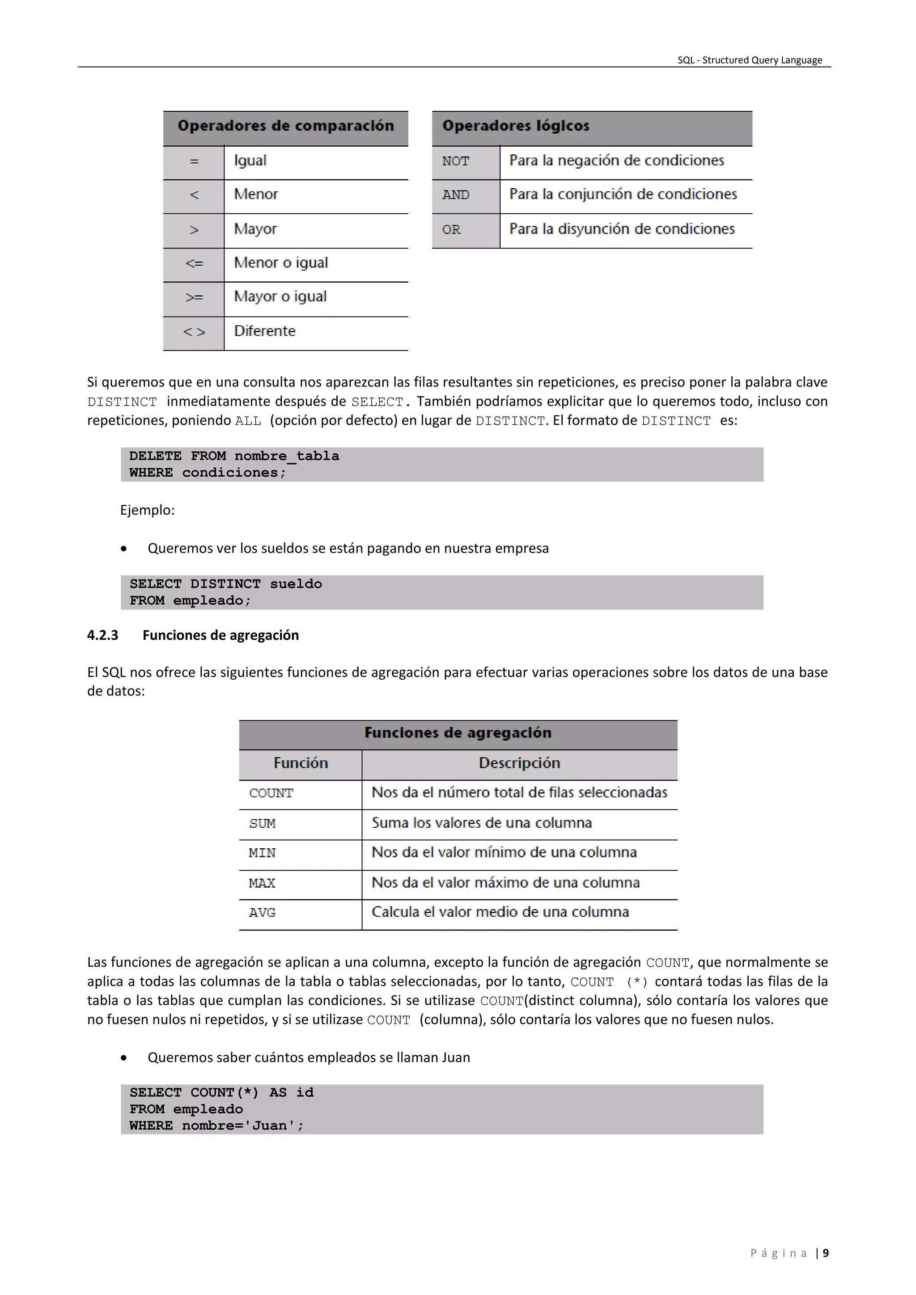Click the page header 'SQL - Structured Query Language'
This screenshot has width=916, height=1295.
(x=749, y=60)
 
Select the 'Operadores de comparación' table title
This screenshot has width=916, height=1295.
(x=285, y=126)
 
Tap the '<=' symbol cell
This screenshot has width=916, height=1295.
(x=194, y=263)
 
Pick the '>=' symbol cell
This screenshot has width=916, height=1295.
(x=194, y=297)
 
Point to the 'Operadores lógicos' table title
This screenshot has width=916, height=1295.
(x=516, y=126)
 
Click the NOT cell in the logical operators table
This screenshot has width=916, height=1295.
(x=455, y=161)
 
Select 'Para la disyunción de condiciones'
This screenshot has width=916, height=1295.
(x=622, y=229)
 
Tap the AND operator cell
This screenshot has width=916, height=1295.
(x=455, y=195)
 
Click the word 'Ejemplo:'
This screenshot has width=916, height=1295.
(x=147, y=510)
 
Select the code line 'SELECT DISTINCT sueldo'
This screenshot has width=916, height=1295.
(x=225, y=584)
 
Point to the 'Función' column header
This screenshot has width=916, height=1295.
(x=301, y=763)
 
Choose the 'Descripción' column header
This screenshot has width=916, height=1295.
(x=519, y=763)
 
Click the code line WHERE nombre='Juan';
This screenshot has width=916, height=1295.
(x=216, y=1126)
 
